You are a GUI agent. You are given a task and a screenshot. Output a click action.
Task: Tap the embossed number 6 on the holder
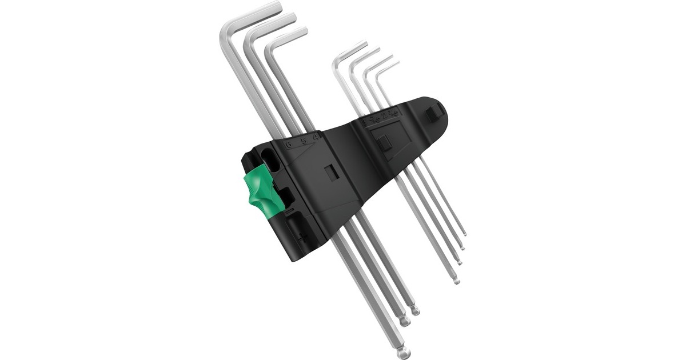point(289,143)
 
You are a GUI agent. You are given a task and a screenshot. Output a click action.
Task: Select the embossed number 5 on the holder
point(304,139)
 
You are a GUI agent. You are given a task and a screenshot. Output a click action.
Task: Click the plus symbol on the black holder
point(301,236)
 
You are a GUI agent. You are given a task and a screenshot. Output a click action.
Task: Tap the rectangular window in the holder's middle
point(330,173)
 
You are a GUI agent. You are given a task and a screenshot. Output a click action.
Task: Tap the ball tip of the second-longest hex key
point(405,321)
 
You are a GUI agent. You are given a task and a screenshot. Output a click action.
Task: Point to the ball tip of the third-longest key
point(415,311)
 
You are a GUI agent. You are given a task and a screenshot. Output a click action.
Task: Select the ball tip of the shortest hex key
point(464,234)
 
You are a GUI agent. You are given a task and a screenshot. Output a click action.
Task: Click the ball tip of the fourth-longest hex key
point(456,281)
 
